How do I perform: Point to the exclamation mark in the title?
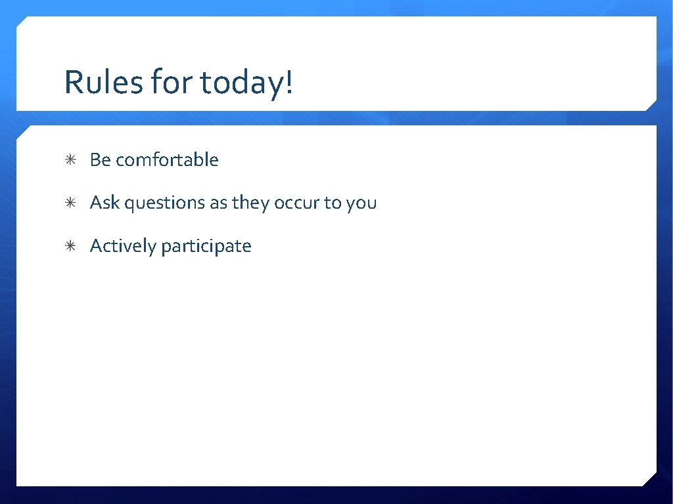click(x=289, y=83)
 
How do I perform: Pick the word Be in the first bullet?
click(x=101, y=159)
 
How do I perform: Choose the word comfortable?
click(x=167, y=159)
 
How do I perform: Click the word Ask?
click(x=105, y=203)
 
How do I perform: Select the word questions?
click(x=165, y=203)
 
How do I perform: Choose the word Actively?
click(x=123, y=246)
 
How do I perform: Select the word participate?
click(x=206, y=247)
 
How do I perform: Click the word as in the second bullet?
click(x=218, y=203)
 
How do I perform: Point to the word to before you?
click(x=332, y=203)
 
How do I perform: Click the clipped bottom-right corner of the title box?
click(x=651, y=105)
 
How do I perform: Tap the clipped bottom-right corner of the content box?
click(x=651, y=480)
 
